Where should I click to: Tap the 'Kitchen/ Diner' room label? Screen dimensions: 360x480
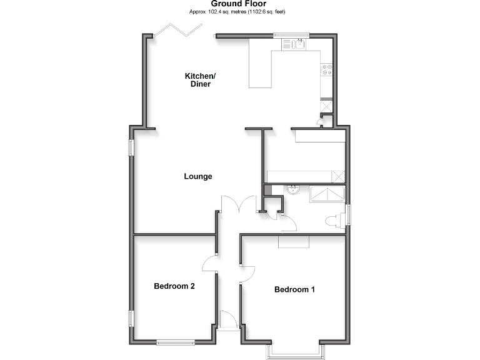coord(200,80)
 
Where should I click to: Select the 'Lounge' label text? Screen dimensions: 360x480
coord(198,176)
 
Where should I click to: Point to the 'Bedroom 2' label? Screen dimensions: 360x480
coord(174,286)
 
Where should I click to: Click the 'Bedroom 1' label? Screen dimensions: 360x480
coord(294,289)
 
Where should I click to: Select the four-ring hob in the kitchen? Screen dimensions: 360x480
coord(326,70)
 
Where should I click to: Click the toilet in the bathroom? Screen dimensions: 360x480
coord(334,219)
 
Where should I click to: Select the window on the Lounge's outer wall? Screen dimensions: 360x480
coord(131,147)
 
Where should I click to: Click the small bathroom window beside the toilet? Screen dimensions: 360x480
coord(349,213)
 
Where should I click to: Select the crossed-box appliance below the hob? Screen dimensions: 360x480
coord(326,106)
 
